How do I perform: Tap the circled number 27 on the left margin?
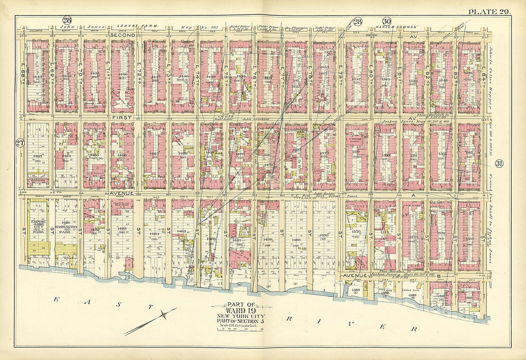pos(20,142)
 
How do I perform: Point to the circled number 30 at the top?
pos(386,21)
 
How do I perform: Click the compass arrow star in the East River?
pos(164,315)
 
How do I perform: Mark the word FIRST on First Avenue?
pos(118,117)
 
